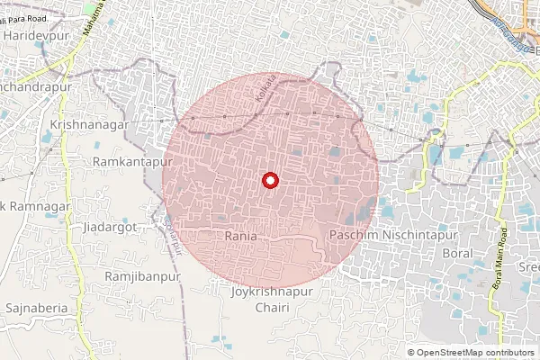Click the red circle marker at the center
pyautogui.click(x=269, y=181)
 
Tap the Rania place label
pyautogui.click(x=241, y=235)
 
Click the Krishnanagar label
pyautogui.click(x=91, y=125)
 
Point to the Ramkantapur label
pyautogui.click(x=127, y=160)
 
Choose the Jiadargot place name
pyautogui.click(x=108, y=228)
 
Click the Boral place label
pyautogui.click(x=457, y=254)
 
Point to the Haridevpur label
pyautogui.click(x=35, y=34)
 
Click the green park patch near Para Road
pyautogui.click(x=90, y=7)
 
